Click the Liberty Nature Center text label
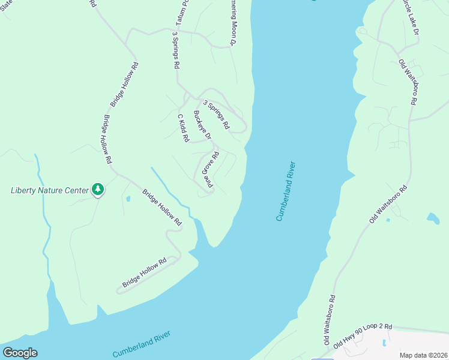(x=50, y=191)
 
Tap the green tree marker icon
(x=98, y=190)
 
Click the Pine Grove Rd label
(x=209, y=170)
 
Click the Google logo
(x=20, y=353)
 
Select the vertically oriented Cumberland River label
(x=286, y=191)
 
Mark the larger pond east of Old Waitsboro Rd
(x=432, y=217)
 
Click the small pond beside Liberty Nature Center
(x=128, y=198)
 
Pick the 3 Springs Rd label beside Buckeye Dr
(x=216, y=114)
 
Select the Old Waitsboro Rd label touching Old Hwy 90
(x=329, y=319)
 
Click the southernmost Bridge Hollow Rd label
(x=144, y=274)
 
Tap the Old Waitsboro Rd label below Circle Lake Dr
(x=407, y=82)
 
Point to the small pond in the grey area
(x=384, y=343)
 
